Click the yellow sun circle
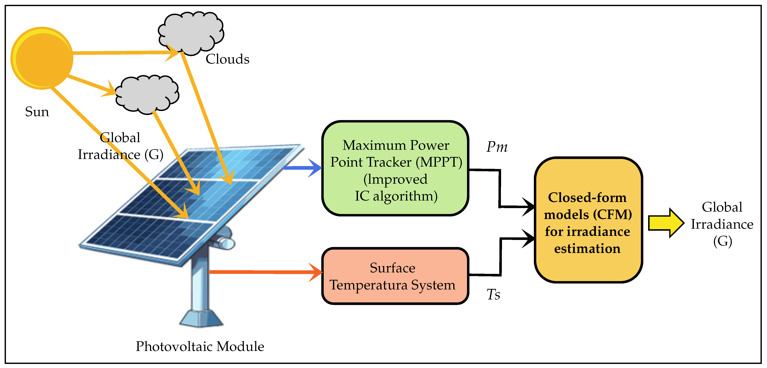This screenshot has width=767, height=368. (x=42, y=58)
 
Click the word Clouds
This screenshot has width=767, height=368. (x=227, y=59)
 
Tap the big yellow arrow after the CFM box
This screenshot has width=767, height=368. (x=666, y=223)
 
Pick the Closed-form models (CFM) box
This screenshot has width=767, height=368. (x=588, y=220)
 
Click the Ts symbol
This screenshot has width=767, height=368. (x=493, y=295)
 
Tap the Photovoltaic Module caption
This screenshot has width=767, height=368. (x=200, y=346)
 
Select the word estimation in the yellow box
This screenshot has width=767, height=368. (x=587, y=248)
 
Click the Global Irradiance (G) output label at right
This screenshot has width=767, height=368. (x=722, y=224)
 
